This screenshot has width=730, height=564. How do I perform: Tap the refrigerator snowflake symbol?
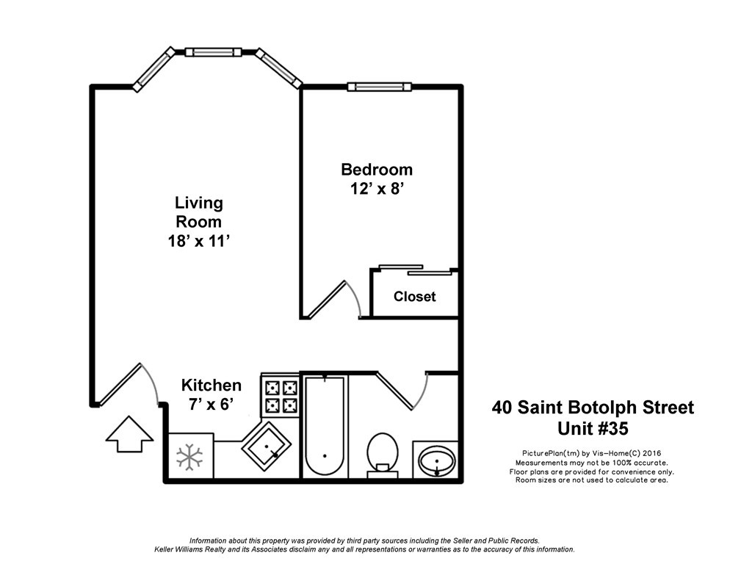pyautogui.click(x=189, y=457)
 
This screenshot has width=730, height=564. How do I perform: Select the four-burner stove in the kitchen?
pyautogui.click(x=280, y=397)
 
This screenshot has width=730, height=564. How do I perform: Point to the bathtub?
pyautogui.click(x=324, y=427)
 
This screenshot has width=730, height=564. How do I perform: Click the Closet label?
pyautogui.click(x=414, y=297)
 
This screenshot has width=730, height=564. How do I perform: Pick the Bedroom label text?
pyautogui.click(x=376, y=170)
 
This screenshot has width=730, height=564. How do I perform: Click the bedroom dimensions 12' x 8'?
pyautogui.click(x=376, y=188)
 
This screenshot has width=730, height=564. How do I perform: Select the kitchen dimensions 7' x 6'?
pyautogui.click(x=212, y=403)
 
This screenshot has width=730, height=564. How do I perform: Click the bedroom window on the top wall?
pyautogui.click(x=378, y=87)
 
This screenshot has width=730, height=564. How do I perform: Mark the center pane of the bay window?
pyautogui.click(x=213, y=52)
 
